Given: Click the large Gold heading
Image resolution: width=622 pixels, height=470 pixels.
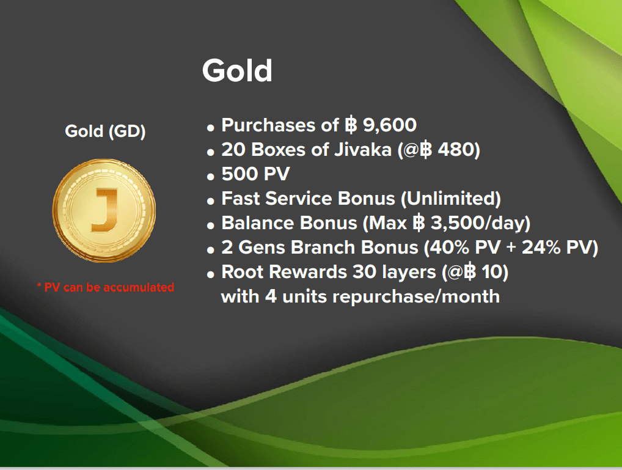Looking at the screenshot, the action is point(237,71).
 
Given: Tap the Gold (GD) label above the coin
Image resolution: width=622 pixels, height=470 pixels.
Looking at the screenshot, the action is point(105,131).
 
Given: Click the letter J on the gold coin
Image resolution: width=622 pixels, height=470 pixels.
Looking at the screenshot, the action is point(104,210).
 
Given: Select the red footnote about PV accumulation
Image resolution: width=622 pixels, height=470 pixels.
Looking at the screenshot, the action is point(106,287).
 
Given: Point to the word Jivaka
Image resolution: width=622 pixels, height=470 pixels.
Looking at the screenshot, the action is point(362,150).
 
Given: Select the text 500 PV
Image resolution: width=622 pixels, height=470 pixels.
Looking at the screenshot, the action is point(255,174).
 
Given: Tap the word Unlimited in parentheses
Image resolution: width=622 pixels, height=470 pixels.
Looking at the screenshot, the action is point(451,199).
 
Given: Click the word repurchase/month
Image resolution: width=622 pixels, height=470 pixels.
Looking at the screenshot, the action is point(416,297).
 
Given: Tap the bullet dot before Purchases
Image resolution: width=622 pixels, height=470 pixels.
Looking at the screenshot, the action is point(211,127).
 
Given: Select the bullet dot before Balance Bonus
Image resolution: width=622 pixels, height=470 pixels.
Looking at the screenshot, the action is point(211,226).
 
